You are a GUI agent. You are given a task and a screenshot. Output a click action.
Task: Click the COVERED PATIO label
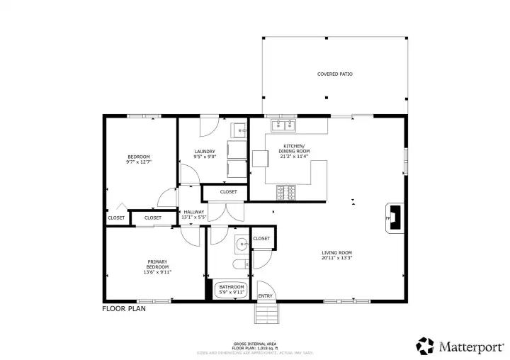click(x=334, y=74)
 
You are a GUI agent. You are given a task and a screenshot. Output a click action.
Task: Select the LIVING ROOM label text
click(x=336, y=253)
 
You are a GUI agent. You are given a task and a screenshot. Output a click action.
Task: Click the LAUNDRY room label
click(x=205, y=151)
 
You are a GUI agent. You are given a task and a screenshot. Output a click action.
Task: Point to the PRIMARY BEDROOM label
click(x=158, y=264)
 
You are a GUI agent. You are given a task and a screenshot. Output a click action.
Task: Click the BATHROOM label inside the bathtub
click(x=231, y=286)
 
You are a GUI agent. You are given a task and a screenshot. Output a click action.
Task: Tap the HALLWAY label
click(x=194, y=212)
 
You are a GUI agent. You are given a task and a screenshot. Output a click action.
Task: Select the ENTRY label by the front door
click(x=266, y=296)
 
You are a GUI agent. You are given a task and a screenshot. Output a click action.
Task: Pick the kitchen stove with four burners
click(x=285, y=191)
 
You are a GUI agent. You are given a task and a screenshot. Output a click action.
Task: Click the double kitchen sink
click(x=285, y=126)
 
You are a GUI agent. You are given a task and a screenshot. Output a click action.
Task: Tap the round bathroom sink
click(x=241, y=244)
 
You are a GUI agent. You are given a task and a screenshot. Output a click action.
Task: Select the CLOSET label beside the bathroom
click(x=261, y=239)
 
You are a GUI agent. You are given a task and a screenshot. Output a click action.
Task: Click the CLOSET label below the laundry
click(x=228, y=192)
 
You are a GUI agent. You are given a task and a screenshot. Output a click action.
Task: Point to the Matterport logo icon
click(x=425, y=346)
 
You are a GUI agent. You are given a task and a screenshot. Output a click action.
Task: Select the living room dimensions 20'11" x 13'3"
click(x=336, y=259)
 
